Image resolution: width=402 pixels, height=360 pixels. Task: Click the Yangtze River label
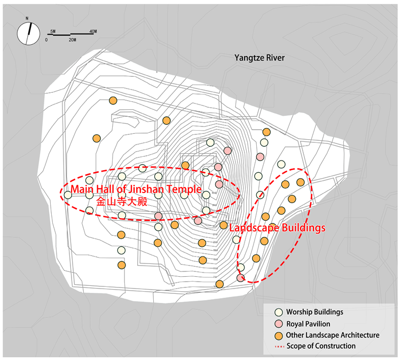pyautogui.click(x=259, y=58)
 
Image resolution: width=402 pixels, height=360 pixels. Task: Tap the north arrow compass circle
pyautogui.click(x=28, y=34)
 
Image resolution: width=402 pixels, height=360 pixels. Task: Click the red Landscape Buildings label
pyautogui.click(x=277, y=228)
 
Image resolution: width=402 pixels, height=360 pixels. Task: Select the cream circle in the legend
pyautogui.click(x=278, y=313)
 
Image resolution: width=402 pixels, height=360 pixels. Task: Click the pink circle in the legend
pyautogui.click(x=278, y=324)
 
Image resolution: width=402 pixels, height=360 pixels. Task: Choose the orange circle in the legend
pyautogui.click(x=278, y=335)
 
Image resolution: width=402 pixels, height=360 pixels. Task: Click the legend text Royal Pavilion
pyautogui.click(x=308, y=324)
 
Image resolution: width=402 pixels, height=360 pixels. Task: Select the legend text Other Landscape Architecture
pyautogui.click(x=333, y=335)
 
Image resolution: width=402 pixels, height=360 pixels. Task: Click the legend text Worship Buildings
pyautogui.click(x=314, y=313)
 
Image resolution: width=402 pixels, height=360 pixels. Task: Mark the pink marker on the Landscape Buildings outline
pyautogui.click(x=241, y=278)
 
